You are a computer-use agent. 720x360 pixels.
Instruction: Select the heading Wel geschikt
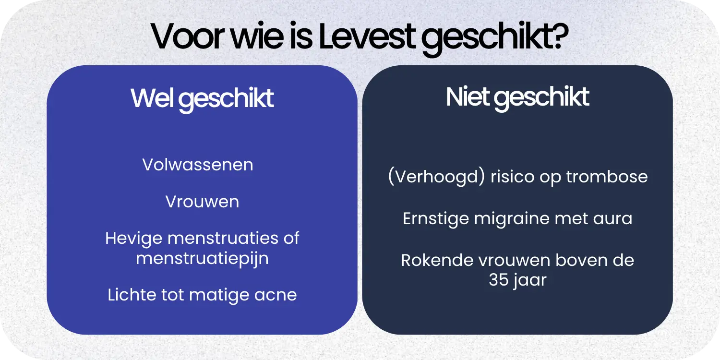point(202,98)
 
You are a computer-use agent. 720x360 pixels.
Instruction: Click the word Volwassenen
point(198,165)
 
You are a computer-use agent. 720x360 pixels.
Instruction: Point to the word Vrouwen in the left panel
point(202,202)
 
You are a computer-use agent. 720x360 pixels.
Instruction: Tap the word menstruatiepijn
point(202,258)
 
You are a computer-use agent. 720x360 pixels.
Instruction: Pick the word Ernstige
point(435,219)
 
